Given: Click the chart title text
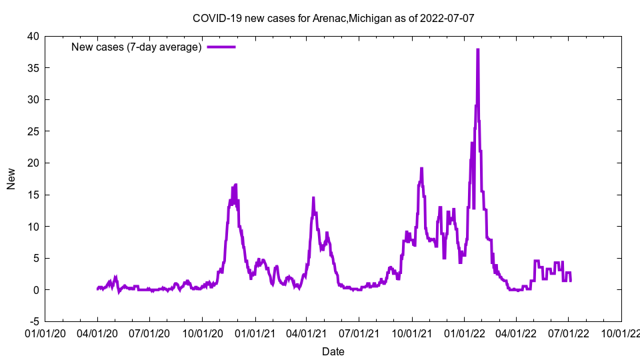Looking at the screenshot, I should pos(333,18).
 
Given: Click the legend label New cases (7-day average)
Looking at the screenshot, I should pos(136,47).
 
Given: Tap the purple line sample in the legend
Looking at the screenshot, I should pos(221,47).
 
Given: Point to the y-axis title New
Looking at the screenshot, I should pos(11,179).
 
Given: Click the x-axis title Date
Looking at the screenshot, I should pos(333,351).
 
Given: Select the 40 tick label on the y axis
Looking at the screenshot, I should pos(33,36).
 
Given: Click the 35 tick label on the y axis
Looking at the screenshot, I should pos(33,68).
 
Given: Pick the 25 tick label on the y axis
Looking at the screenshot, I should pos(33,131).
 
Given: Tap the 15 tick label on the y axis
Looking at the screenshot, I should pos(33,195).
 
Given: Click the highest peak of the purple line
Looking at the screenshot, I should pos(478,49).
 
